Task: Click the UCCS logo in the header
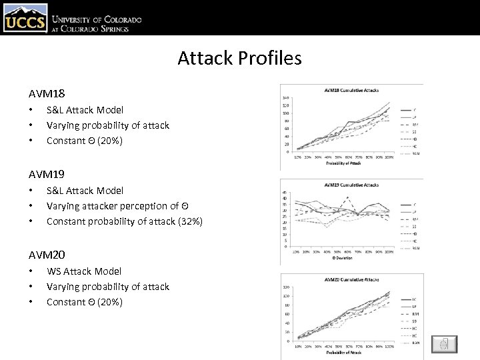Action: coord(25,18)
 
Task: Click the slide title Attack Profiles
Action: coord(239,58)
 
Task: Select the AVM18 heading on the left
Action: coord(47,94)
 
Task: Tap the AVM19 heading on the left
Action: coord(47,175)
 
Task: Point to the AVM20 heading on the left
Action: coord(47,255)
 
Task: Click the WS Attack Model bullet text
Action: coord(84,271)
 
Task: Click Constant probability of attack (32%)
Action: coord(124,221)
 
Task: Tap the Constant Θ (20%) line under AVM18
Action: coord(84,141)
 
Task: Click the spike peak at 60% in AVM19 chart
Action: coord(347,198)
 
